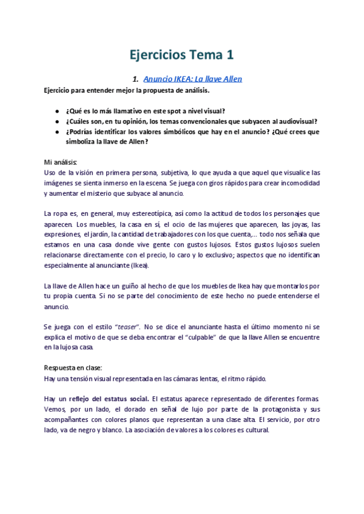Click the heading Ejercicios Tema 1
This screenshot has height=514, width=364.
pos(182,55)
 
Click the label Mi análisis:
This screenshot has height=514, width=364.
pos(61,162)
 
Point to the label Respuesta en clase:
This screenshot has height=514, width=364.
pos(73,368)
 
